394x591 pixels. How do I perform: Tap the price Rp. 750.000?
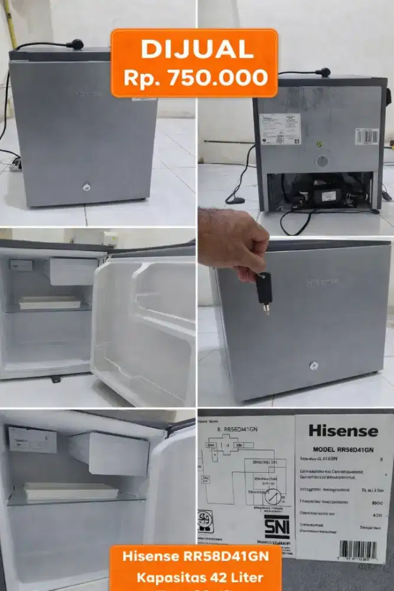[x=194, y=77]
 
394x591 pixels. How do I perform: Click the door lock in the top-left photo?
[x=84, y=187]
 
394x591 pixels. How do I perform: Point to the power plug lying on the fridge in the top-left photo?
[x=74, y=44]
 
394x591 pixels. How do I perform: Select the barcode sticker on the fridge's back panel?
[x=367, y=137]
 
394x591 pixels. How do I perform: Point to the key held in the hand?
[x=263, y=290]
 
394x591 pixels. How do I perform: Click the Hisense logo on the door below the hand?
[x=323, y=281]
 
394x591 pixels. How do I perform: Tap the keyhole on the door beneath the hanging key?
[x=313, y=366]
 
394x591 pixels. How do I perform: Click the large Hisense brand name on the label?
[x=343, y=431]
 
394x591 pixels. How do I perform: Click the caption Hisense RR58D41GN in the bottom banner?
[x=196, y=557]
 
